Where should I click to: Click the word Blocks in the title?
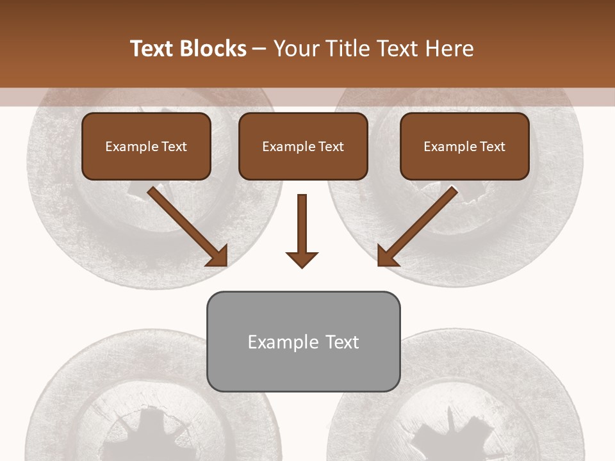[x=215, y=49]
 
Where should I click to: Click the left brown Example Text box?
[x=146, y=146]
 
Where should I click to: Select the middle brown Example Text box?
[x=303, y=146]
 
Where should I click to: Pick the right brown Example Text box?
[x=464, y=146]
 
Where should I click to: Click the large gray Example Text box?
[x=303, y=341]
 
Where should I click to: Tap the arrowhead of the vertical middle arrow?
[x=302, y=259]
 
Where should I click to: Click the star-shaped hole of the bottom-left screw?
[x=145, y=435]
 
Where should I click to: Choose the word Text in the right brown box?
[x=492, y=147]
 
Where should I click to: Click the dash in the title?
[x=259, y=49]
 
